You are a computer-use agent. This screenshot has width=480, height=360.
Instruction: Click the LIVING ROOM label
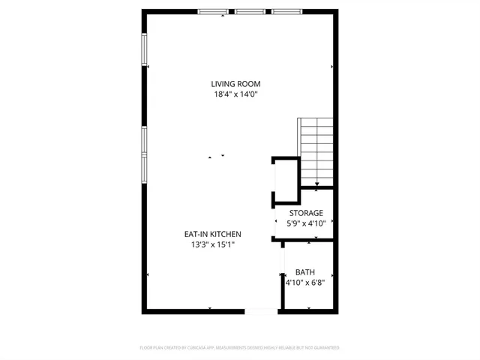click(x=235, y=83)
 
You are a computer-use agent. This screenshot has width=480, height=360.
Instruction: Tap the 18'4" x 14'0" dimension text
click(x=235, y=94)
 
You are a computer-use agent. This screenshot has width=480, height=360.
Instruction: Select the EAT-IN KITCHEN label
click(x=213, y=234)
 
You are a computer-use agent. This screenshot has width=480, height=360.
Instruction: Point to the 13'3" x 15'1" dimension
click(x=213, y=244)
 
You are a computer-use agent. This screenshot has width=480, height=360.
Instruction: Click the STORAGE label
click(x=306, y=213)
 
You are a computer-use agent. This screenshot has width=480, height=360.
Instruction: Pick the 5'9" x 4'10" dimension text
click(x=306, y=223)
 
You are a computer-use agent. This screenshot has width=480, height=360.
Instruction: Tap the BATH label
click(x=305, y=272)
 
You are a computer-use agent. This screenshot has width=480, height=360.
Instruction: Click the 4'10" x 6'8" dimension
click(x=305, y=283)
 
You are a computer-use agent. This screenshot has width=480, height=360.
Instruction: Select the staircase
click(x=316, y=150)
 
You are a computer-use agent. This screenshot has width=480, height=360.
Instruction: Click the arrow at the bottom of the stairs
click(x=317, y=184)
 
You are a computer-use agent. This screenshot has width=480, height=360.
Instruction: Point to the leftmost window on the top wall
click(x=214, y=11)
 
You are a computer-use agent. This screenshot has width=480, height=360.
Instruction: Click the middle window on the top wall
click(x=250, y=11)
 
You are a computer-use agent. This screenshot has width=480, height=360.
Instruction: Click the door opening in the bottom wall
click(x=261, y=311)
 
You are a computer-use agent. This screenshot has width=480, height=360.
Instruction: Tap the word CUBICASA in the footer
click(x=194, y=348)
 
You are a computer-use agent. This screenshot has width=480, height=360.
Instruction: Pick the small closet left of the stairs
click(x=285, y=180)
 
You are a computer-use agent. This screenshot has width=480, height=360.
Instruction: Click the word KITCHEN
click(x=225, y=234)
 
